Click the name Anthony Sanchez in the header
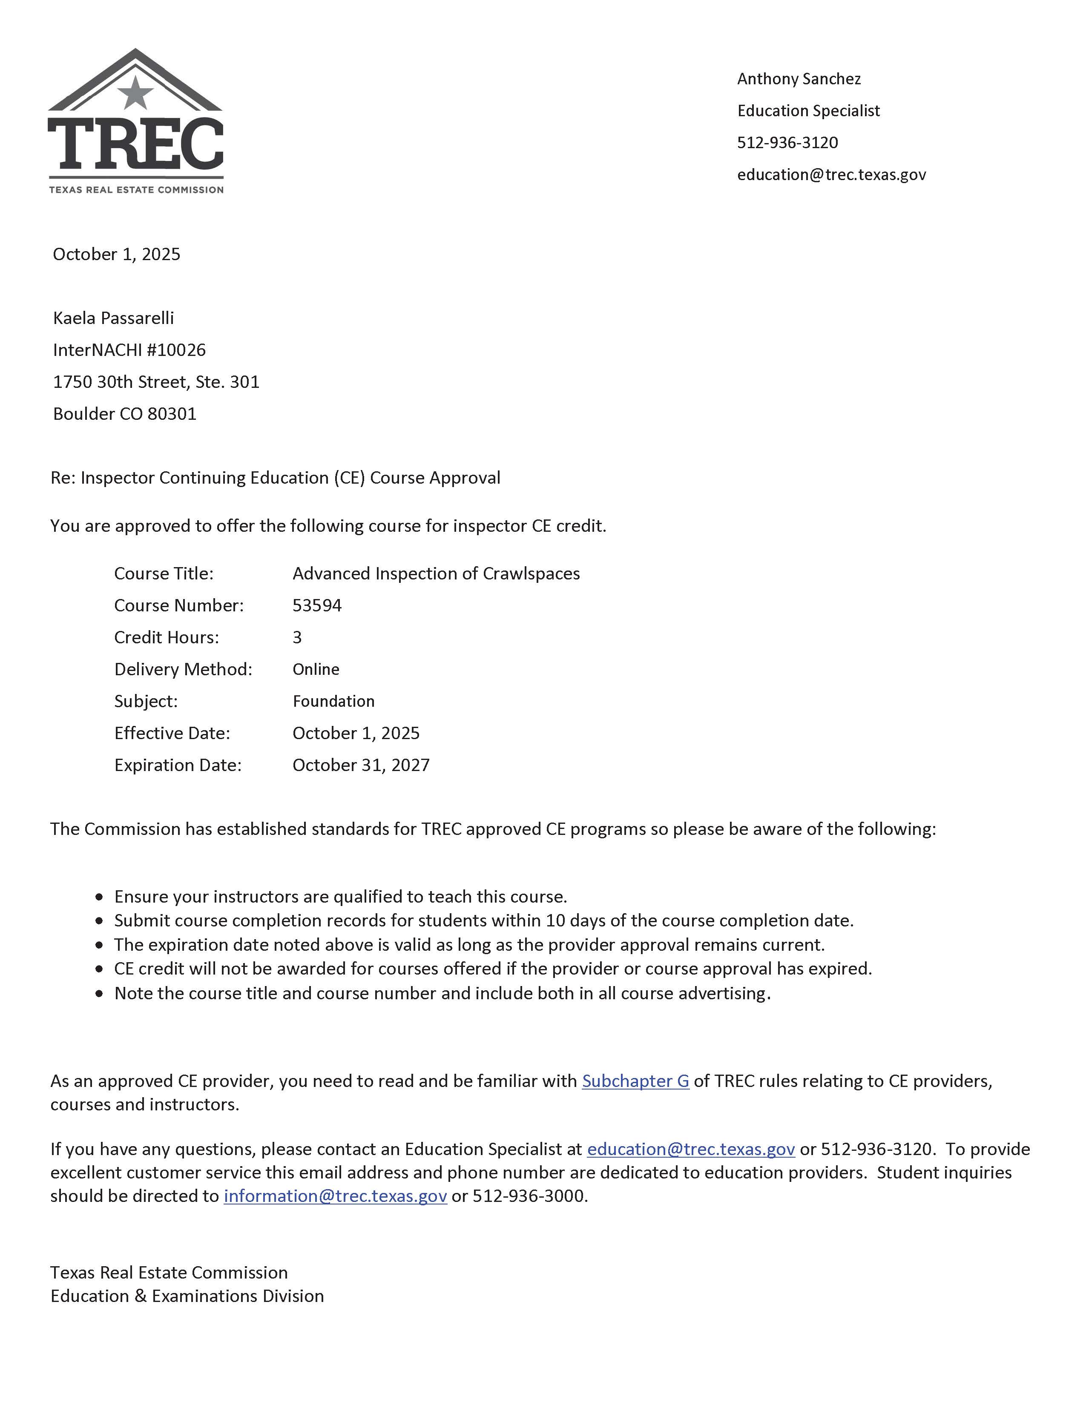click(799, 78)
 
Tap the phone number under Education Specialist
click(787, 142)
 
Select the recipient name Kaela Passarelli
click(113, 318)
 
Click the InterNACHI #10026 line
click(129, 350)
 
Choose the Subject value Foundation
click(333, 701)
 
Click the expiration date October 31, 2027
click(361, 765)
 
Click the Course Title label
click(164, 573)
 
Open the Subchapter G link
click(635, 1081)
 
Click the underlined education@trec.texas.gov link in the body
click(691, 1149)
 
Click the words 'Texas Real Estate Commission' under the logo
click(136, 190)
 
